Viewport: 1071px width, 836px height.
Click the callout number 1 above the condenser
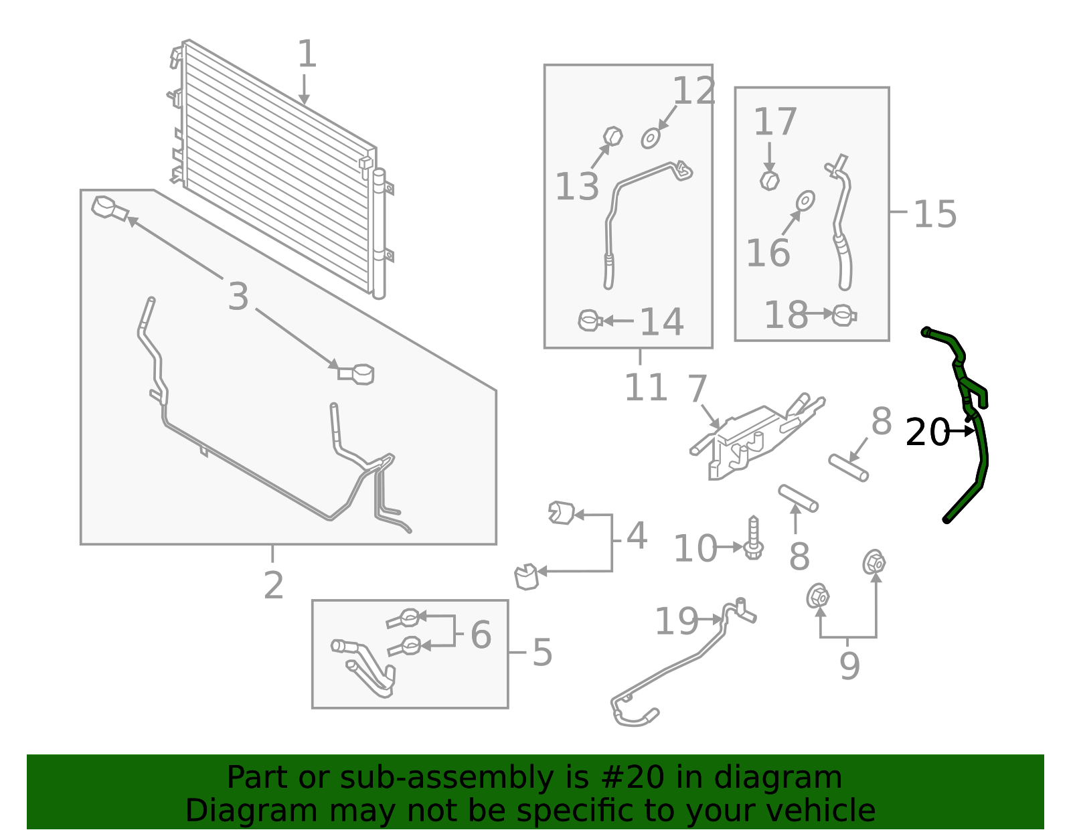click(307, 54)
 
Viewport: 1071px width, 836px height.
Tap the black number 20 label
click(927, 432)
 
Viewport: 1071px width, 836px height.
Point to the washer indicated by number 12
click(651, 139)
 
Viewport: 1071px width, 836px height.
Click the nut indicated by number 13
click(613, 137)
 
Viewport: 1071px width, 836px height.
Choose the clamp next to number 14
click(590, 321)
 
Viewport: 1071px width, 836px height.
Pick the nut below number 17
click(770, 180)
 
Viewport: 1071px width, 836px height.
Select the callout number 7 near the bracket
click(697, 389)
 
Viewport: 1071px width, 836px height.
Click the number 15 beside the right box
click(935, 215)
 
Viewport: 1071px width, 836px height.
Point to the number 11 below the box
click(645, 388)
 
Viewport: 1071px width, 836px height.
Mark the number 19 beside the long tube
click(676, 621)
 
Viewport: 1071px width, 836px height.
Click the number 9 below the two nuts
click(849, 666)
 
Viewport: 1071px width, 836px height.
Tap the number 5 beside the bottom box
click(542, 653)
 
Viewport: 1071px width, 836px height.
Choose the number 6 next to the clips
click(481, 634)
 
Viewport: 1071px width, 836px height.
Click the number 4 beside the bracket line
click(637, 536)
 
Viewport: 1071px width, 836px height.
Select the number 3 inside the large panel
click(238, 297)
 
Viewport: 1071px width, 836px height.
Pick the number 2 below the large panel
click(273, 586)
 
